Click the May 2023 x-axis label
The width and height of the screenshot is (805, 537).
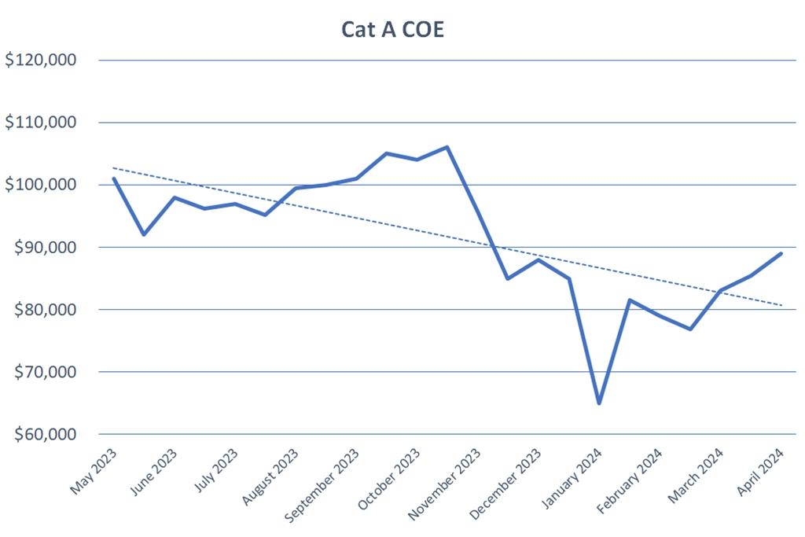[94, 472]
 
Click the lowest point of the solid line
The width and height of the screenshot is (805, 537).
[599, 403]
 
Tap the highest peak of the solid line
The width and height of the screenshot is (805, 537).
[447, 147]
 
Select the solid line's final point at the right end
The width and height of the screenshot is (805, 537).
[781, 253]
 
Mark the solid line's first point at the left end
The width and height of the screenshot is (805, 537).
[114, 178]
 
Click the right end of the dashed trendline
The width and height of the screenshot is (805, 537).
[781, 305]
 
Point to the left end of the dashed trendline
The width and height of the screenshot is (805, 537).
[114, 167]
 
